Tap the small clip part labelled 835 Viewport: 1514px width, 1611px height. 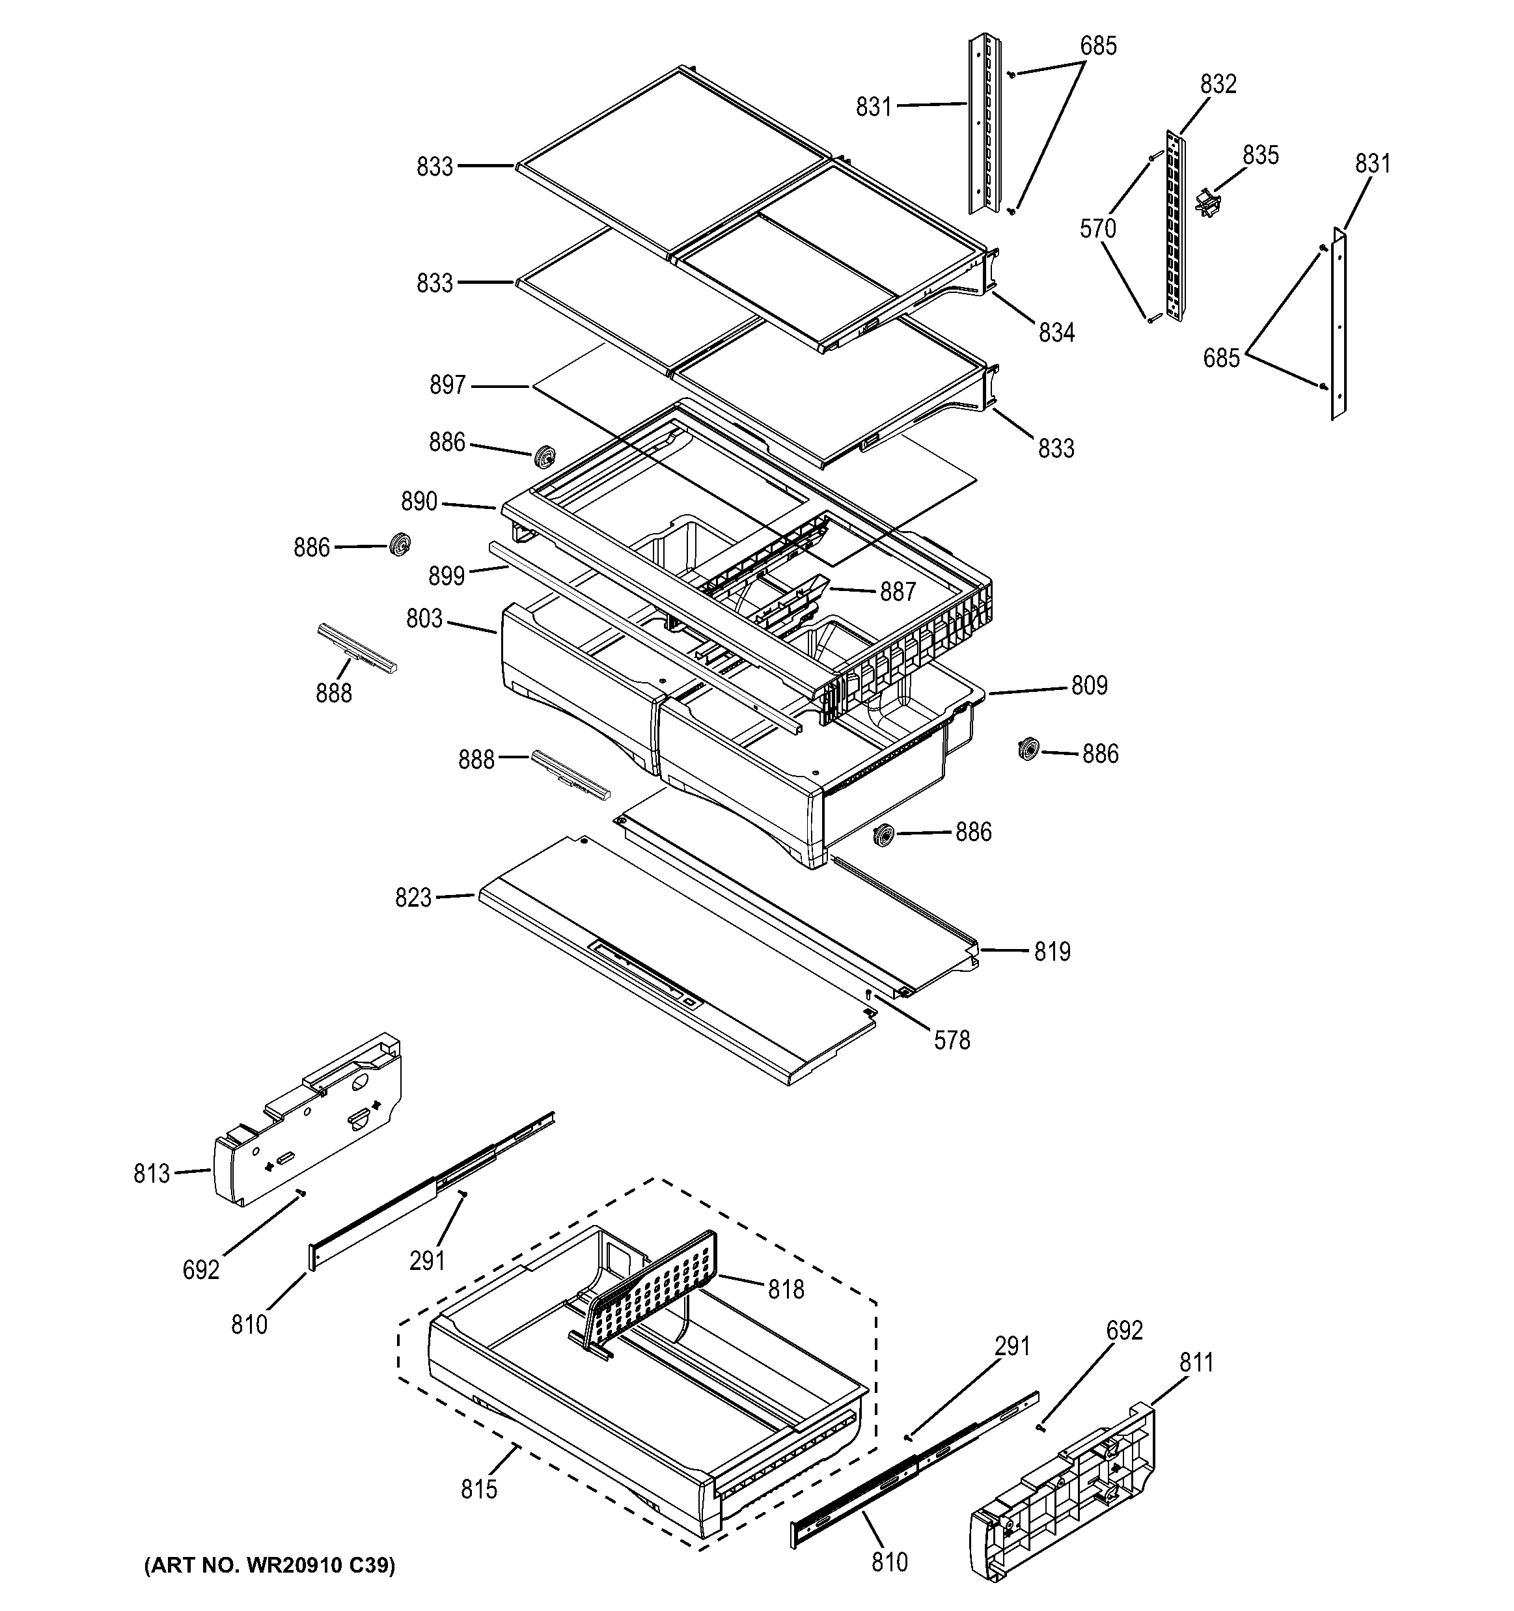(x=1207, y=202)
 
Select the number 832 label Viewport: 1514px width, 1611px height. (x=1218, y=84)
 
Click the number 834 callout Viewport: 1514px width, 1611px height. (x=1057, y=332)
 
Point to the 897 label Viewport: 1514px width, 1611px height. (x=447, y=385)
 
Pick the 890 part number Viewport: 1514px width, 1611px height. (x=419, y=502)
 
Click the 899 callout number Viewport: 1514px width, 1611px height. (x=447, y=575)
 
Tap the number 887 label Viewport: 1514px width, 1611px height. (x=898, y=592)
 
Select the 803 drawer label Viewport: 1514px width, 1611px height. (x=424, y=619)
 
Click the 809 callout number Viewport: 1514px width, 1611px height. (x=1090, y=685)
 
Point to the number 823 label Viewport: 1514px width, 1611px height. (x=413, y=898)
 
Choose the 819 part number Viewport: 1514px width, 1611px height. (x=1052, y=952)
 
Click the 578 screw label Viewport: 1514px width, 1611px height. (x=952, y=1041)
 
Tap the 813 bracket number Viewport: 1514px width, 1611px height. (x=152, y=1174)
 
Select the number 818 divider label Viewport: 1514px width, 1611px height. (x=786, y=1289)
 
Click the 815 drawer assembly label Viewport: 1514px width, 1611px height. (x=479, y=1489)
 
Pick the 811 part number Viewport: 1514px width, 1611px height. (x=1196, y=1363)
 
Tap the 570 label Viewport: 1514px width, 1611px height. (x=1098, y=229)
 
